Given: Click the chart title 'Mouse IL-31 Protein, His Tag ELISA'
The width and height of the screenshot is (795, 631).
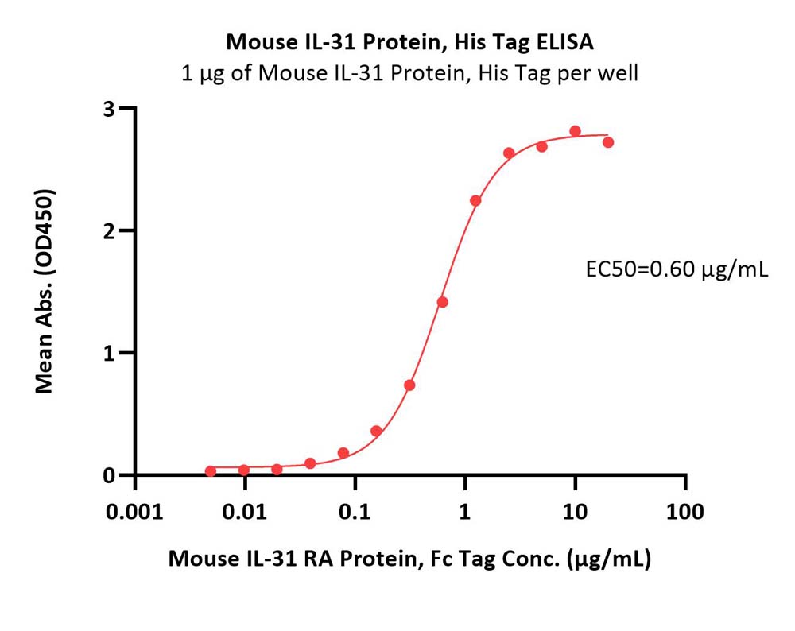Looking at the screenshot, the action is pyautogui.click(x=409, y=42).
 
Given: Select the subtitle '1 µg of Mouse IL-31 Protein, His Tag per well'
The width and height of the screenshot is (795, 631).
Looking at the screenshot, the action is pyautogui.click(x=409, y=74).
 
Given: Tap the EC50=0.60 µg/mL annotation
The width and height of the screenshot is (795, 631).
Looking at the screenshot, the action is pyautogui.click(x=677, y=269).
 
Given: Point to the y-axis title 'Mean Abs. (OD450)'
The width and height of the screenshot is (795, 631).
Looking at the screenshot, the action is pyautogui.click(x=44, y=292).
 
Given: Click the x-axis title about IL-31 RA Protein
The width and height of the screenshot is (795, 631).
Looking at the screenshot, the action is pyautogui.click(x=409, y=559).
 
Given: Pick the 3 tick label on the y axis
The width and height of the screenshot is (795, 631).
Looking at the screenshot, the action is pyautogui.click(x=109, y=108).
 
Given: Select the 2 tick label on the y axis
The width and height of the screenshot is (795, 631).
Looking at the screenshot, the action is pyautogui.click(x=109, y=230).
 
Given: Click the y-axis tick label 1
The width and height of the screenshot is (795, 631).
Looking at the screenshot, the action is pyautogui.click(x=109, y=353).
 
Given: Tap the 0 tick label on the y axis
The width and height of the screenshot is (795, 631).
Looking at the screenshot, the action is pyautogui.click(x=109, y=475).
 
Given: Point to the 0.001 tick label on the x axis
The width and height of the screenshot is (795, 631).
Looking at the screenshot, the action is pyautogui.click(x=134, y=512).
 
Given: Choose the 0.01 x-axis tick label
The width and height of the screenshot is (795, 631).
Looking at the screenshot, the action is pyautogui.click(x=244, y=512).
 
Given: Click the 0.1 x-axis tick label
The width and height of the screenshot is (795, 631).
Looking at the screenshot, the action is pyautogui.click(x=355, y=512).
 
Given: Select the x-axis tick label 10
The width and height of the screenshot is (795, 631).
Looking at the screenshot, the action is pyautogui.click(x=575, y=512).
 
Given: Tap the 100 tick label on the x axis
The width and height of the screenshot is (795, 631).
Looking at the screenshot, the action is pyautogui.click(x=685, y=512).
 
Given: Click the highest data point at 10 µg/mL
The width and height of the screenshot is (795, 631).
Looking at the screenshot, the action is pyautogui.click(x=575, y=131).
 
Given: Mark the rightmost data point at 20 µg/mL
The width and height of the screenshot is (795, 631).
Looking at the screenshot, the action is pyautogui.click(x=608, y=142).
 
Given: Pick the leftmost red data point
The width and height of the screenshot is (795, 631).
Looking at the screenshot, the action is pyautogui.click(x=211, y=471).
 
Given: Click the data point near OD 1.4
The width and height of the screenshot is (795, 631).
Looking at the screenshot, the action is pyautogui.click(x=442, y=303).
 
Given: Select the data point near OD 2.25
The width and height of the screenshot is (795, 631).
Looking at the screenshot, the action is pyautogui.click(x=475, y=201).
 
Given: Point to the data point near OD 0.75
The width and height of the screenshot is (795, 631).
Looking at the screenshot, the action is pyautogui.click(x=409, y=385).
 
